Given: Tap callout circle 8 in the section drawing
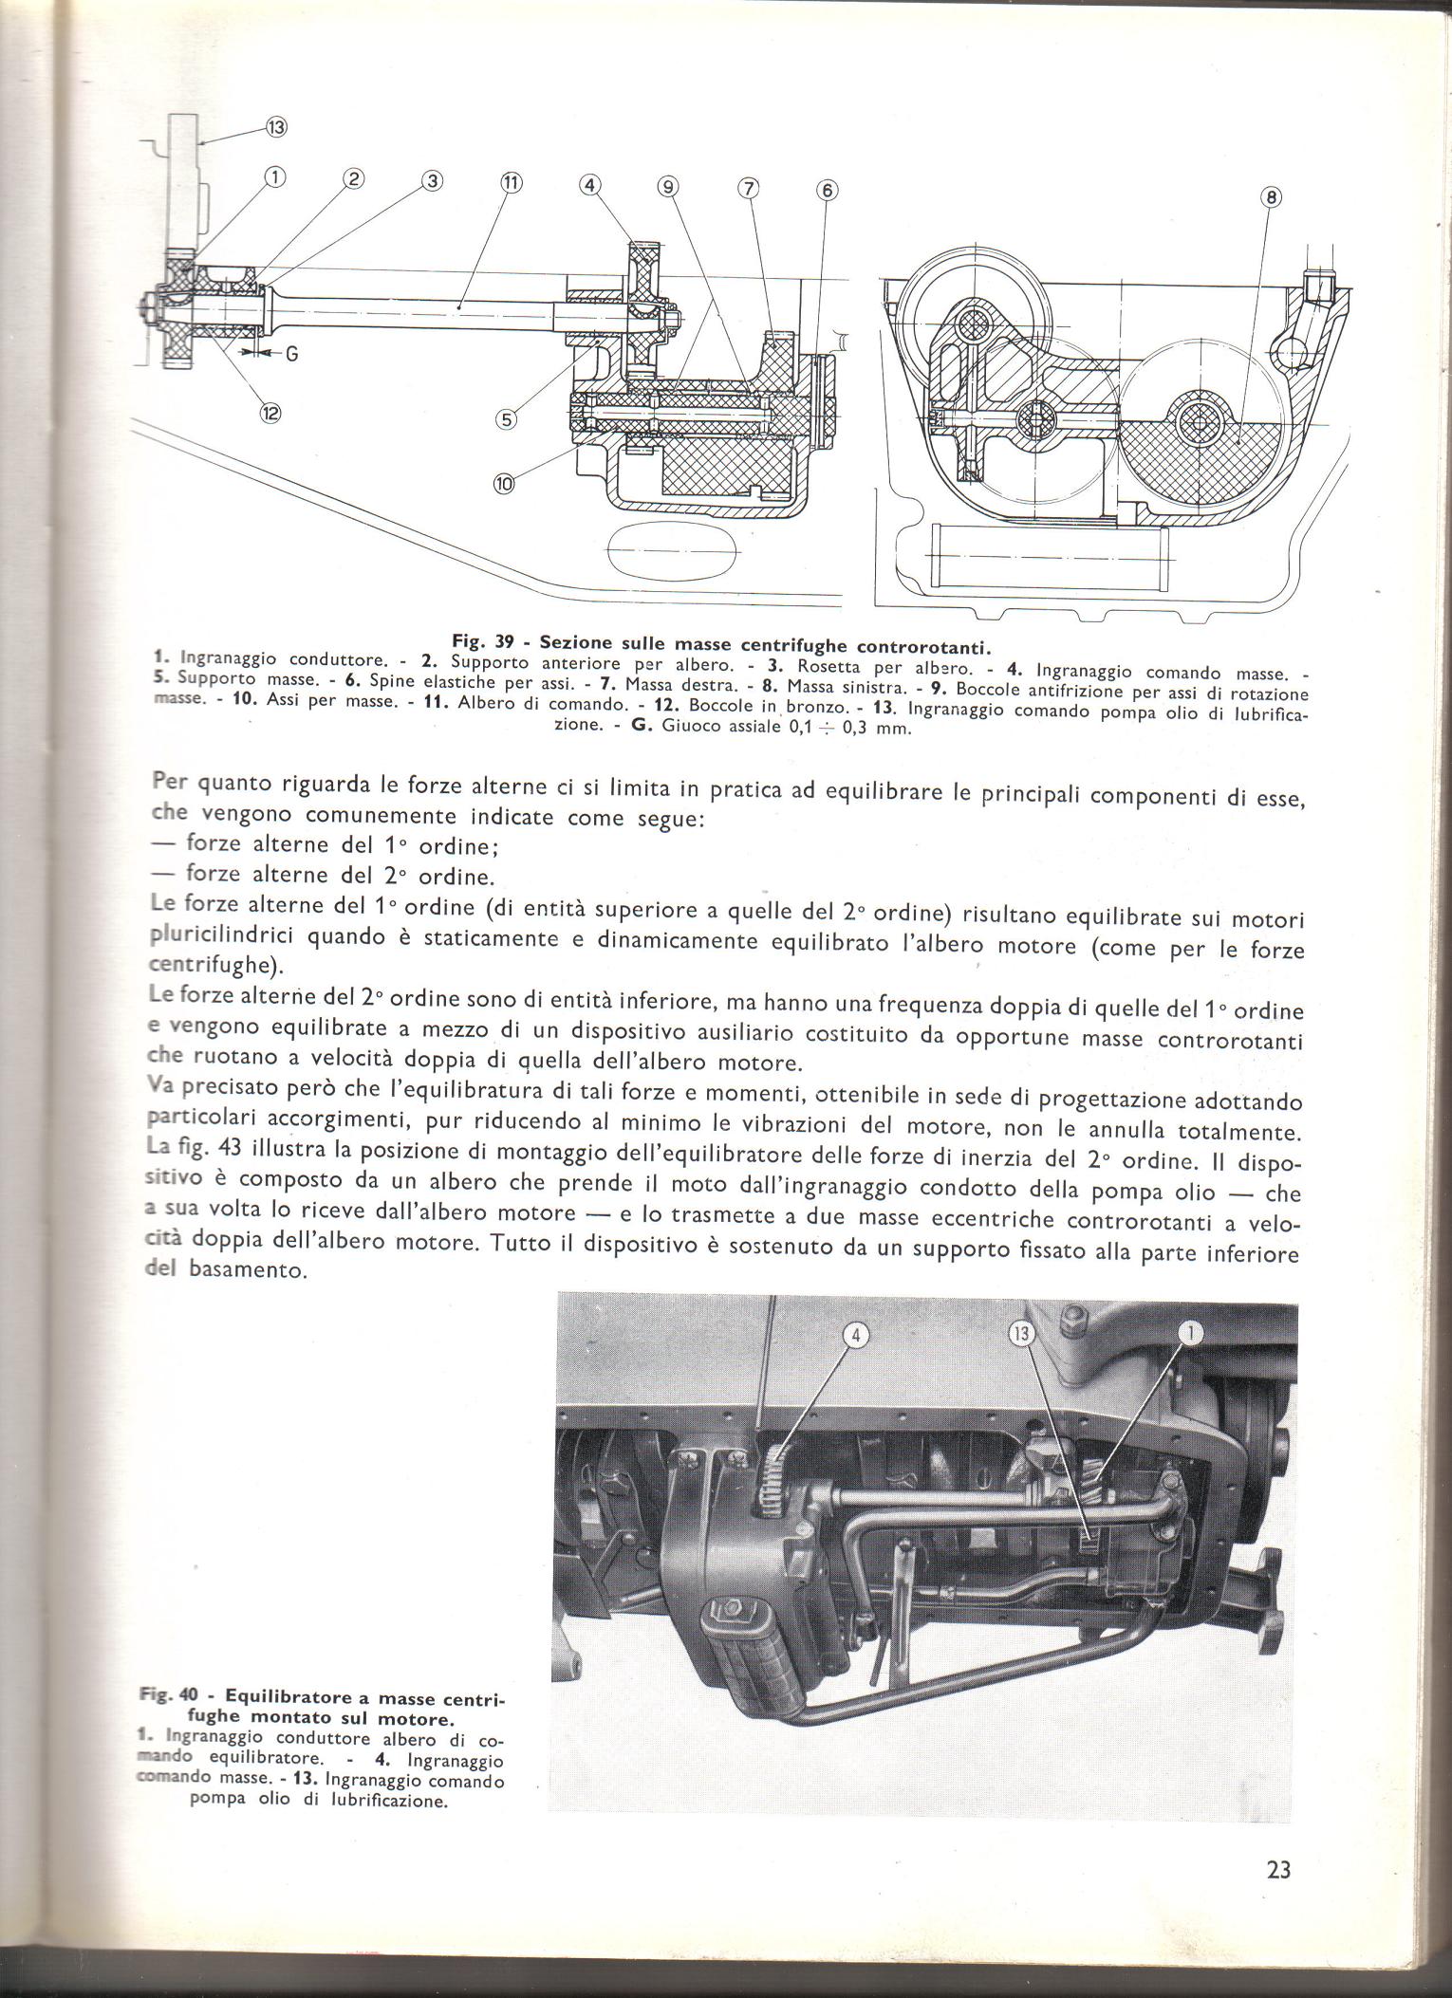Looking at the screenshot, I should pos(1271,197).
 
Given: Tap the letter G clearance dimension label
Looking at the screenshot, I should pos(291,354).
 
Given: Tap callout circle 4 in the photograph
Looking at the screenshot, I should pos(856,1335).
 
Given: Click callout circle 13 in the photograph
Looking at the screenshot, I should pos(1021,1336).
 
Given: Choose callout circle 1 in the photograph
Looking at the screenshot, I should pos(1190,1334).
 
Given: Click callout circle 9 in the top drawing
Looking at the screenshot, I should pos(669,188).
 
